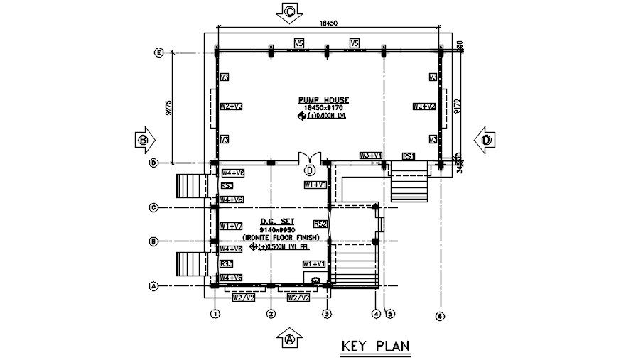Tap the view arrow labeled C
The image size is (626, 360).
click(x=290, y=11)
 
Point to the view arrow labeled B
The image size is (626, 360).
click(x=144, y=140)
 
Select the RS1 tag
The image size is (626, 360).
click(x=409, y=156)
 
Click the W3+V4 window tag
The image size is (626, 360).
click(x=371, y=155)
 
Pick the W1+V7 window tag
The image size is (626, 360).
click(x=232, y=225)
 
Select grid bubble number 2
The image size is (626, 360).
click(x=271, y=313)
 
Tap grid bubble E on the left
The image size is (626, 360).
click(x=158, y=53)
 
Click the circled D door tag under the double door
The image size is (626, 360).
click(x=310, y=170)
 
